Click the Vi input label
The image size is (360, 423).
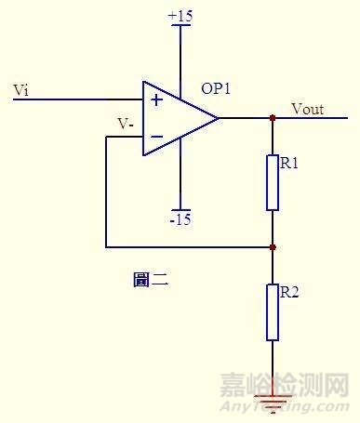[x=21, y=89]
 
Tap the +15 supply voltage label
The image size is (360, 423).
[x=180, y=17]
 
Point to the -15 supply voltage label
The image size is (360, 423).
[x=180, y=219]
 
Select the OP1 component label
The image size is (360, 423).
[x=218, y=89]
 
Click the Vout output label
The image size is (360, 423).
[x=307, y=109]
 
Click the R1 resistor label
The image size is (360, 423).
[x=288, y=164]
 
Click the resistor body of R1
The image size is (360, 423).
[x=273, y=182]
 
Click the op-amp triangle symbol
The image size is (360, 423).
[x=177, y=118]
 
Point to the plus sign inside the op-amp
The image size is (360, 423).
[x=155, y=99]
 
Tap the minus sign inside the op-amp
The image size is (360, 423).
[x=155, y=138]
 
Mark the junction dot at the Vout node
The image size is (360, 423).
[x=273, y=118]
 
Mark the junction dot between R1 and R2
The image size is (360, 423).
[x=273, y=247]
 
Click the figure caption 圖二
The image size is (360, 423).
[x=150, y=278]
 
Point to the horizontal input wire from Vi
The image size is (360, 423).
[x=74, y=99]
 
